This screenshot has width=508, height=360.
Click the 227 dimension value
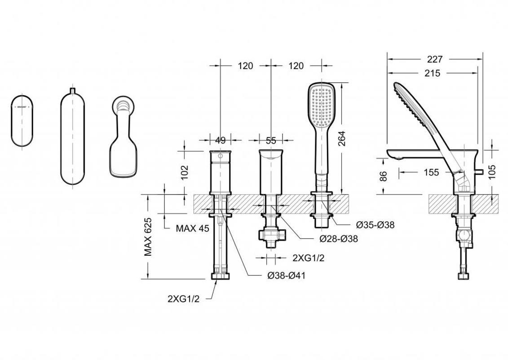click(434, 59)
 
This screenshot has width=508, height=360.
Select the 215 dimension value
click(433, 73)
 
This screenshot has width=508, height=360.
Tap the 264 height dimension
click(341, 138)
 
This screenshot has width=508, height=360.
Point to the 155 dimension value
click(431, 172)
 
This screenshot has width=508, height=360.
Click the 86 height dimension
click(383, 176)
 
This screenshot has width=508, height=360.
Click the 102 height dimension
click(184, 173)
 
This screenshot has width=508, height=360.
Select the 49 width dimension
click(220, 140)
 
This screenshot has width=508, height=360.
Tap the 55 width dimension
click(271, 140)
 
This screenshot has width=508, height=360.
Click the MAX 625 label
click(148, 237)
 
